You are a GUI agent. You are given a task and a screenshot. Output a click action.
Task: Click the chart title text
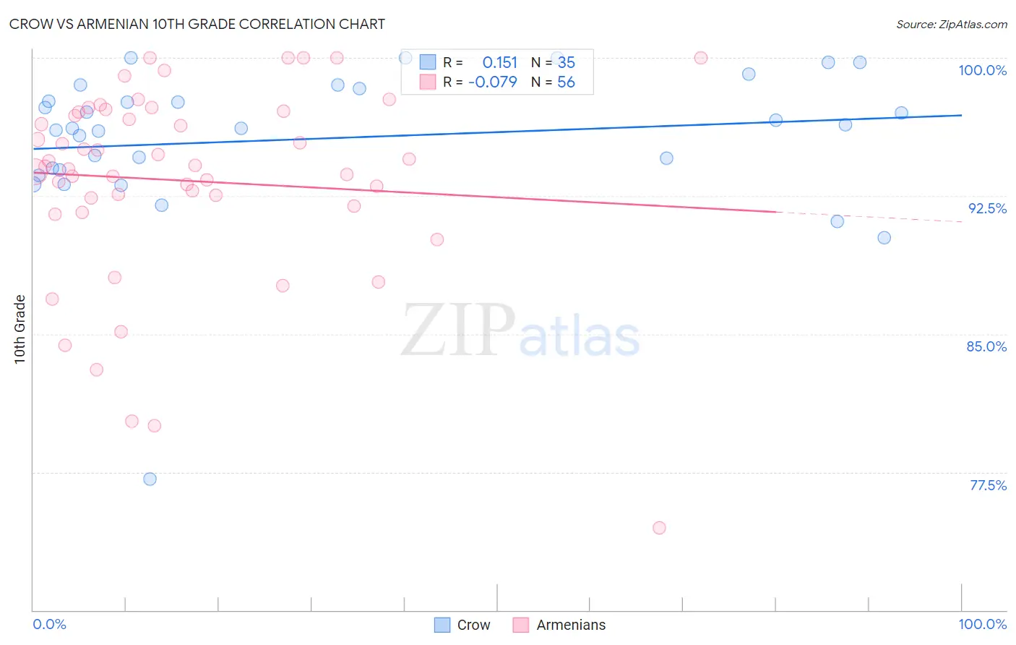(x=197, y=24)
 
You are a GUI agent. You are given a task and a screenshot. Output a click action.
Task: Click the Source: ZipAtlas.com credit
(x=951, y=24)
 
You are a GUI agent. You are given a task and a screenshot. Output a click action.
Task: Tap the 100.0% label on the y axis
(x=982, y=70)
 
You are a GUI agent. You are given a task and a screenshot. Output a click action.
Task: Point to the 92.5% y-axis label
(x=987, y=208)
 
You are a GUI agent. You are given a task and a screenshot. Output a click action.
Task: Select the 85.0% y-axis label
(x=986, y=346)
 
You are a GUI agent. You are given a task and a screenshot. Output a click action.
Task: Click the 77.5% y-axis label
(x=988, y=485)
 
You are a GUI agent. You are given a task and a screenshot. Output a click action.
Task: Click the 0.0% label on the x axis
(x=49, y=624)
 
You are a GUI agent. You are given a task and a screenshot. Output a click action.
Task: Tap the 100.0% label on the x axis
(x=982, y=624)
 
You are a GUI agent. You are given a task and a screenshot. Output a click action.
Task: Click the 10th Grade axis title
(x=20, y=329)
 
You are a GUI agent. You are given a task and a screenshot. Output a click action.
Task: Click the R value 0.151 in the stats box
(x=500, y=63)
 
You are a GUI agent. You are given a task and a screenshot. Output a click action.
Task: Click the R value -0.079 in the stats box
(x=493, y=82)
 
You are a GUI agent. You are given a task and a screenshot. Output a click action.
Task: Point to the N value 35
(x=566, y=63)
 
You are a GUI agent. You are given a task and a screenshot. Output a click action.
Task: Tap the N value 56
(x=566, y=82)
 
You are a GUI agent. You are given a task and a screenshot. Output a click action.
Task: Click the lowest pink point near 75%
(x=659, y=528)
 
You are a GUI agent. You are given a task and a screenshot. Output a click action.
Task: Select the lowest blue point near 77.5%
(x=150, y=479)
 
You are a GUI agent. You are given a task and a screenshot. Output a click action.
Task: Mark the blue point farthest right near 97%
(x=901, y=113)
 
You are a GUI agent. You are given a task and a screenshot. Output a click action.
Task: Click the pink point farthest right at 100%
(x=700, y=58)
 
